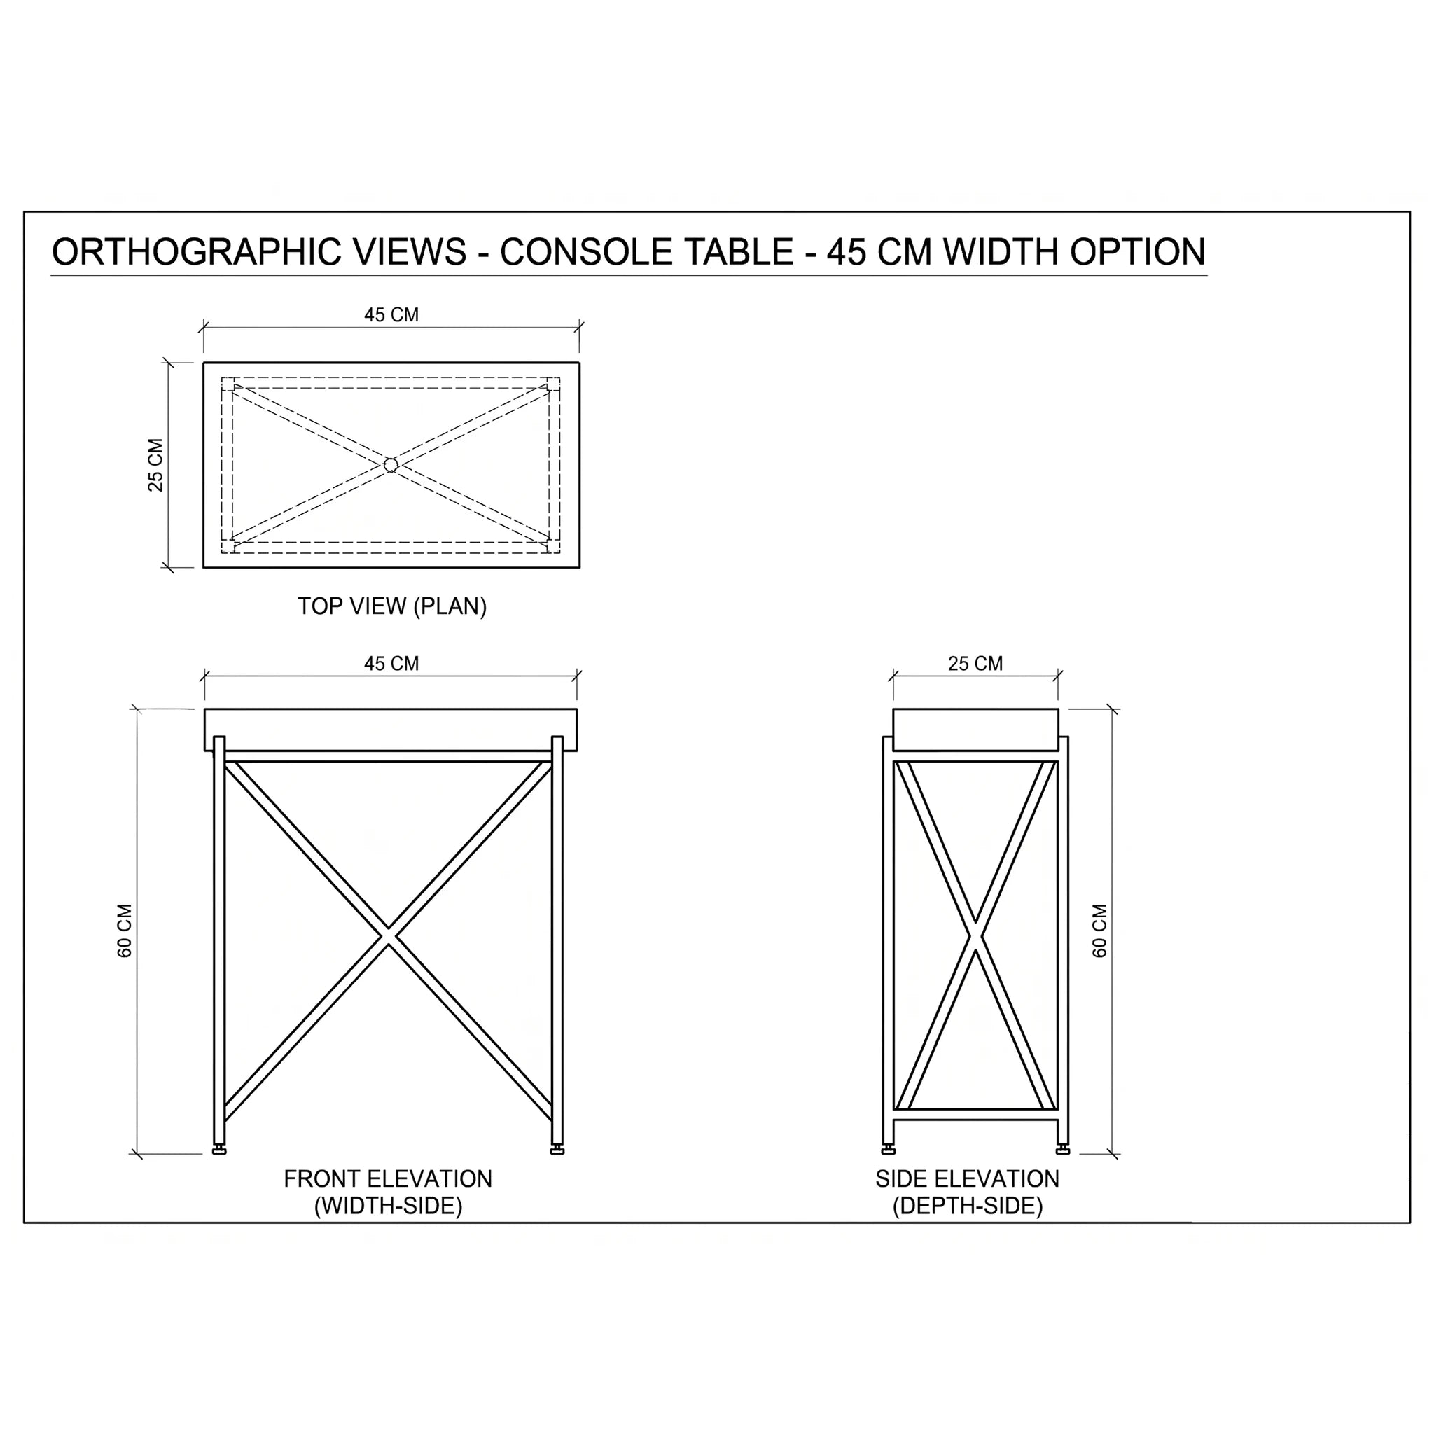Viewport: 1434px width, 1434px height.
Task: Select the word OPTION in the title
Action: click(1137, 252)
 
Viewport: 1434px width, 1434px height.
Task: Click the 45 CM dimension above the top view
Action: click(391, 314)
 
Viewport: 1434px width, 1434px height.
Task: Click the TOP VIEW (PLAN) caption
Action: click(392, 606)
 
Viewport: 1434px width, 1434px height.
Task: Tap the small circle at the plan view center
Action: click(391, 466)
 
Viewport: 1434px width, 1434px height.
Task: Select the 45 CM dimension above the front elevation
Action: click(391, 664)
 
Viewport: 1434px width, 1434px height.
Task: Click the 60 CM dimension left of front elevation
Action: click(125, 931)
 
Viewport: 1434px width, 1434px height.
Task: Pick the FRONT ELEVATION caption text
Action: click(387, 1178)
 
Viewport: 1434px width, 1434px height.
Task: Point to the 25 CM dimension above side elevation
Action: click(975, 664)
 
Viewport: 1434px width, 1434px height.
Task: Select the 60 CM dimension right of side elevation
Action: click(1099, 931)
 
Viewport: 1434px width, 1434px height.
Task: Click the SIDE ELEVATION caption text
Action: click(967, 1178)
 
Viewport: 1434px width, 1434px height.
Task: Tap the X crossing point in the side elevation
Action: click(975, 936)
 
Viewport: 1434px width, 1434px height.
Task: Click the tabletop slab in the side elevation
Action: click(975, 730)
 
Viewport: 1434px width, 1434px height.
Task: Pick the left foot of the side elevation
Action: click(889, 1150)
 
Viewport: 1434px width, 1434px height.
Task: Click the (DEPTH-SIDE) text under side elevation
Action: click(968, 1206)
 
